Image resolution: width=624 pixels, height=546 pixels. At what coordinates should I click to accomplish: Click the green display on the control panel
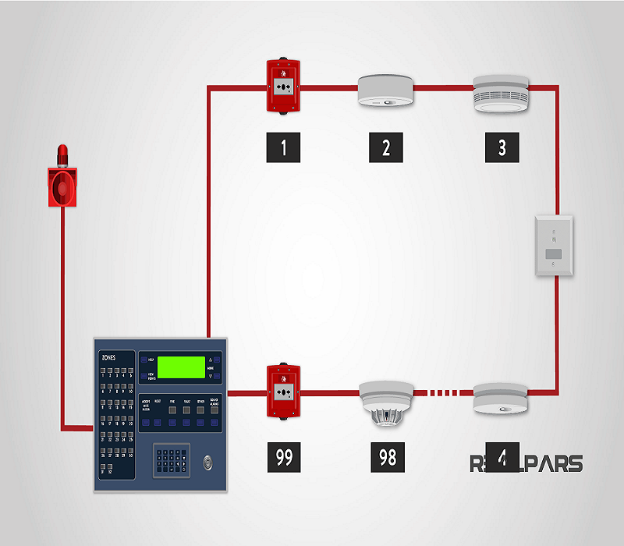(181, 367)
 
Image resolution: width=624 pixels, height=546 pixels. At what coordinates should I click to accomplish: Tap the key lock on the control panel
(207, 460)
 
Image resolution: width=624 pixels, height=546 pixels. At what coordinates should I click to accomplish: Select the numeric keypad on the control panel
(171, 461)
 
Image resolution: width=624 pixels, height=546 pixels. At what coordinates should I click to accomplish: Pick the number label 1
(284, 147)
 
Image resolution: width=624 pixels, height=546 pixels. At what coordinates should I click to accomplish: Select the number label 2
(386, 147)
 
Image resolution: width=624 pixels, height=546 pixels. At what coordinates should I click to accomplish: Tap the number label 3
(502, 147)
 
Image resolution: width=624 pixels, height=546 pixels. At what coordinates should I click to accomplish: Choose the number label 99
(284, 456)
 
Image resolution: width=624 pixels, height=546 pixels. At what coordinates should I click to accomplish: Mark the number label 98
(388, 456)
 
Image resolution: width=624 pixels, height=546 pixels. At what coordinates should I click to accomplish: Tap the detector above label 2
(385, 90)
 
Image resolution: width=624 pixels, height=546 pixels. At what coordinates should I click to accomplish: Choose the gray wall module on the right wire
(554, 246)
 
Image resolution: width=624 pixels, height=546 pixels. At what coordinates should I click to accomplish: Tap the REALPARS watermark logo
(526, 463)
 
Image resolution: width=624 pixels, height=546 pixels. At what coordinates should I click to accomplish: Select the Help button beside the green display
(147, 360)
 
